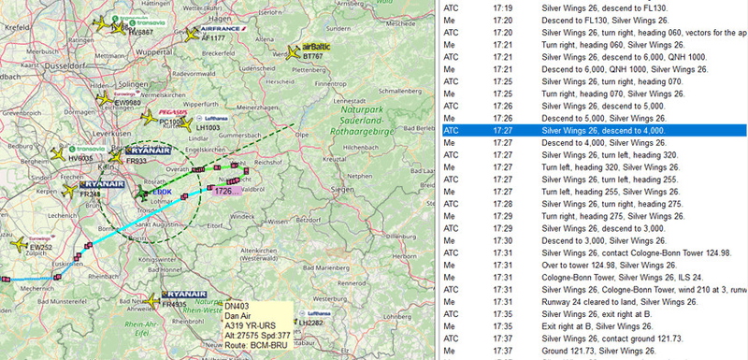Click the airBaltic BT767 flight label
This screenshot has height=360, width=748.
click(315, 57)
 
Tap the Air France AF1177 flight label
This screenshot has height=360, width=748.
click(218, 38)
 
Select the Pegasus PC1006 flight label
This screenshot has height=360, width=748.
click(171, 122)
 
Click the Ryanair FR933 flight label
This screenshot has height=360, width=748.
click(136, 161)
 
